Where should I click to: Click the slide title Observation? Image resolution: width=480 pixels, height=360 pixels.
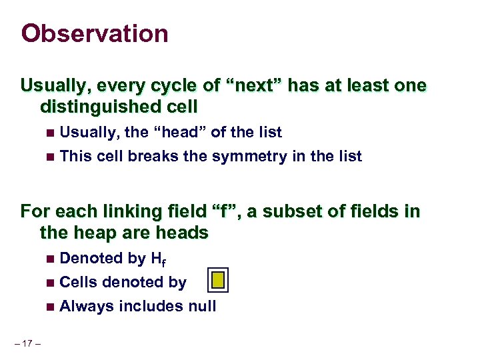coord(95,33)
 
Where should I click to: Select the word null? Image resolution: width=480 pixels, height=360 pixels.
coord(202,307)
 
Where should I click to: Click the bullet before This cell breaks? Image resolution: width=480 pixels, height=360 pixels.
coord(51,157)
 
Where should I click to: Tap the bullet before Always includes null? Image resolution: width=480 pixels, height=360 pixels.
coord(51,307)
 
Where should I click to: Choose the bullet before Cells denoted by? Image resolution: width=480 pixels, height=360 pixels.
coord(51,283)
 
